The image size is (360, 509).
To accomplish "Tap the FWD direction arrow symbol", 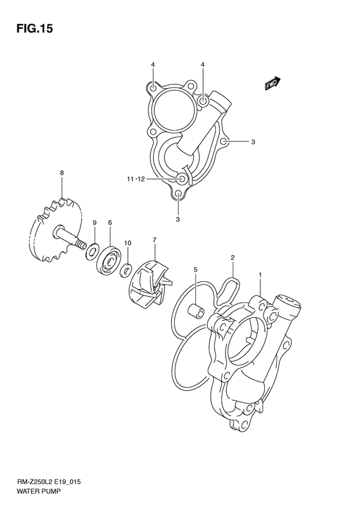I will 272,83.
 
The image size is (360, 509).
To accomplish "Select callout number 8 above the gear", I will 62,173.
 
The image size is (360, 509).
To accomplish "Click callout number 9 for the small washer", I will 94,223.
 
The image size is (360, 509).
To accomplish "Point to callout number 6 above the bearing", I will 110,223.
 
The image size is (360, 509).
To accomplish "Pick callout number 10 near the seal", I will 127,243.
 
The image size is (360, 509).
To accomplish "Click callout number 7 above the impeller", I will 154,240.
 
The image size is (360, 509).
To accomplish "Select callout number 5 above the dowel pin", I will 195,270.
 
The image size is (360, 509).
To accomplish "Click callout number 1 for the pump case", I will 260,275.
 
